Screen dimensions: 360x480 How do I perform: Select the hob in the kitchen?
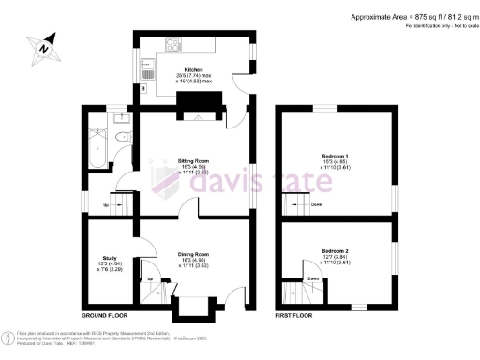[175, 44]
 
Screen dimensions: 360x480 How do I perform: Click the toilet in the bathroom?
[124, 137]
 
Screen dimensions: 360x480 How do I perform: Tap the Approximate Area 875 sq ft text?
[413, 17]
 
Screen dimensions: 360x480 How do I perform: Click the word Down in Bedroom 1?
[318, 205]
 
